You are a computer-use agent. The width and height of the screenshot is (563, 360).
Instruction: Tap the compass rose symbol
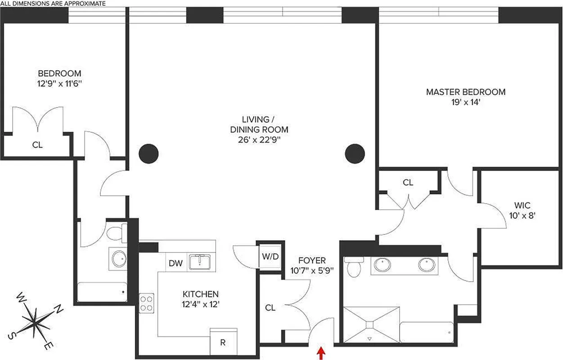pyautogui.click(x=35, y=320)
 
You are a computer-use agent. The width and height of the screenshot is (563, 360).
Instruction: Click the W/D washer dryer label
pyautogui.click(x=270, y=257)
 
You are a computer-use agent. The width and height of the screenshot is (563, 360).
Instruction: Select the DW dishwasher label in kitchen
pyautogui.click(x=176, y=263)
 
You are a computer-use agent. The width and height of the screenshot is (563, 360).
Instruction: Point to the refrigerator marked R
pyautogui.click(x=222, y=342)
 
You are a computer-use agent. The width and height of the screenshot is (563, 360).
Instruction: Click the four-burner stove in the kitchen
pyautogui.click(x=147, y=303)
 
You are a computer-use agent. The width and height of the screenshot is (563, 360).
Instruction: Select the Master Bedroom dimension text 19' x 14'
pyautogui.click(x=465, y=102)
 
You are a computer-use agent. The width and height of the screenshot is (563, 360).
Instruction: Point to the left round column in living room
pyautogui.click(x=149, y=154)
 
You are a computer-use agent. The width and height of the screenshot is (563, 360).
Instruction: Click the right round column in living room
pyautogui.click(x=355, y=154)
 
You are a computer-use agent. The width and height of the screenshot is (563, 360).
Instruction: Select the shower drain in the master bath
pyautogui.click(x=370, y=323)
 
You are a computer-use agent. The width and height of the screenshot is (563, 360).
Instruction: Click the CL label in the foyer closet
pyautogui.click(x=270, y=308)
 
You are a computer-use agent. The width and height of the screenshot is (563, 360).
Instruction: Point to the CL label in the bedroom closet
pyautogui.click(x=37, y=145)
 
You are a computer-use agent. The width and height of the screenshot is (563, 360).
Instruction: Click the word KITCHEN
pyautogui.click(x=200, y=294)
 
